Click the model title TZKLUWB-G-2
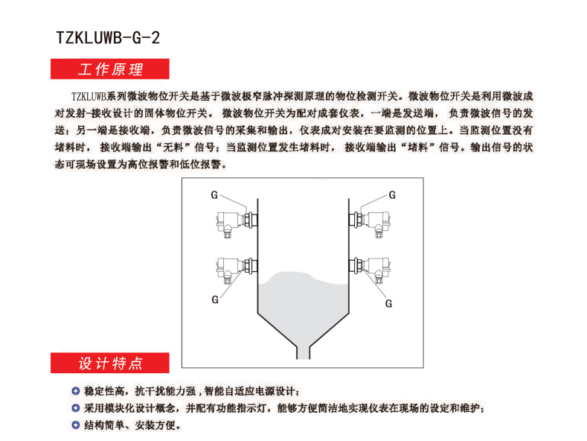click(108, 37)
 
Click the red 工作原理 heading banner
click(109, 69)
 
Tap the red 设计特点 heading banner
click(109, 363)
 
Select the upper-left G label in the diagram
click(214, 195)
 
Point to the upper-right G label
click(392, 195)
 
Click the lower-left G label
click(215, 299)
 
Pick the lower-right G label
click(388, 304)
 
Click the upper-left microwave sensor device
click(237, 223)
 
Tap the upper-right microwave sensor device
click(370, 223)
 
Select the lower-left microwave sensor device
click(237, 270)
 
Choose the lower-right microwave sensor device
click(370, 270)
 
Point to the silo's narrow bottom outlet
click(304, 353)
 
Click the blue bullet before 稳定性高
click(76, 391)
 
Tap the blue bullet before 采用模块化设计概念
click(76, 407)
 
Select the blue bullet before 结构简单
click(76, 425)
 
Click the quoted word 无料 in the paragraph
click(173, 147)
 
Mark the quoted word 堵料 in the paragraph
click(418, 147)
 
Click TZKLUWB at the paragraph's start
click(89, 96)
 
